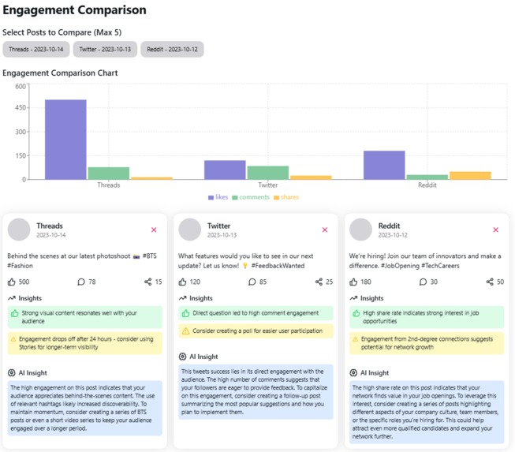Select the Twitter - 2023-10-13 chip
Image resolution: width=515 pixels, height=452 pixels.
105,50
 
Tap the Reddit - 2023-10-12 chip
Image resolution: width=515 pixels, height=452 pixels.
172,50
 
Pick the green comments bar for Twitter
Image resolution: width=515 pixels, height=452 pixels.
268,173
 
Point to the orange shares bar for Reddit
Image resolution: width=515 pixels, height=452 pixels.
470,175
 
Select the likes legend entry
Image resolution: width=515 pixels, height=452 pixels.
218,197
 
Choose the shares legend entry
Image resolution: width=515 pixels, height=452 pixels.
286,197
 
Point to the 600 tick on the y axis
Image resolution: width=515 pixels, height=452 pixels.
21,87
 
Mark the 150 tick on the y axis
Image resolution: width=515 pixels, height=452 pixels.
21,156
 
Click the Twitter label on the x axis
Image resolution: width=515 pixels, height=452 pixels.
268,185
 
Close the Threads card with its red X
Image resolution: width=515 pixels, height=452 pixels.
154,230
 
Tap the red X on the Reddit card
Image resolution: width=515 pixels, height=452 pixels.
495,230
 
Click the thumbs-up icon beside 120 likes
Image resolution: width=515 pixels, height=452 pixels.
183,282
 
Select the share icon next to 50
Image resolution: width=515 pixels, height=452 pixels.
490,282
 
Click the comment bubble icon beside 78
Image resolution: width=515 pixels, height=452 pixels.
81,282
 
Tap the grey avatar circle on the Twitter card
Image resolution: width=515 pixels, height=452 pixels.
189,230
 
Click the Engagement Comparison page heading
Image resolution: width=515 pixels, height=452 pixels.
74,10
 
